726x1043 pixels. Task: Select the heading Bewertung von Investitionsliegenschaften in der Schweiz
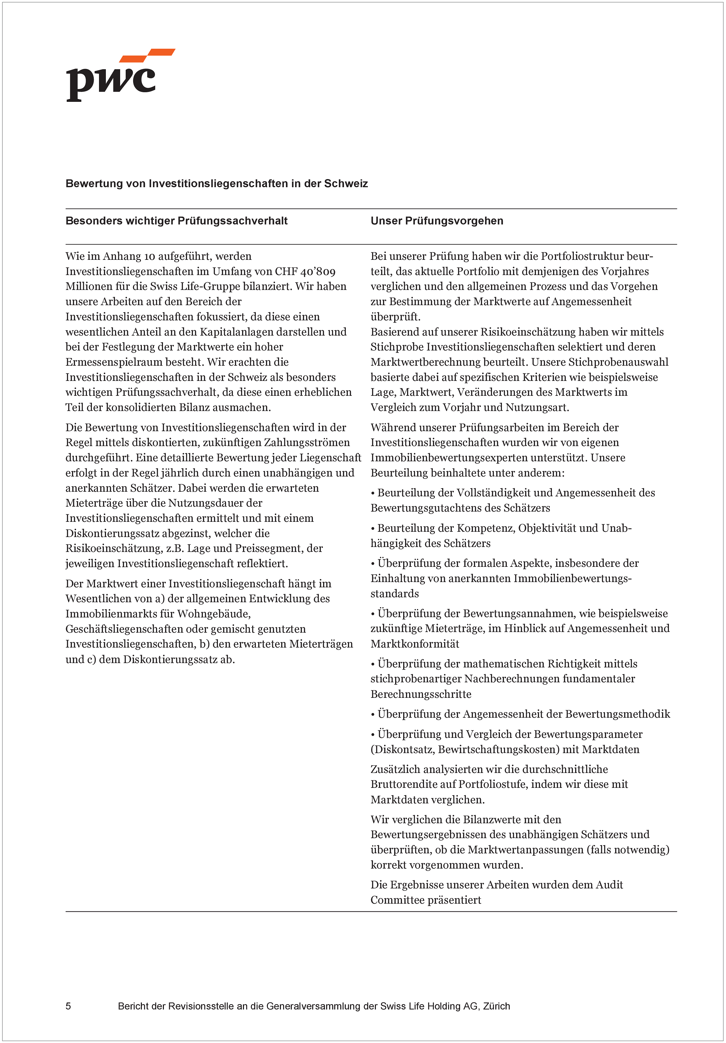(216, 183)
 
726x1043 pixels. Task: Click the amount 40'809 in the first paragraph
(318, 272)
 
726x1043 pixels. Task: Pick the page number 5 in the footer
(68, 1006)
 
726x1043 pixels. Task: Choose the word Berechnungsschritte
(421, 694)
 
